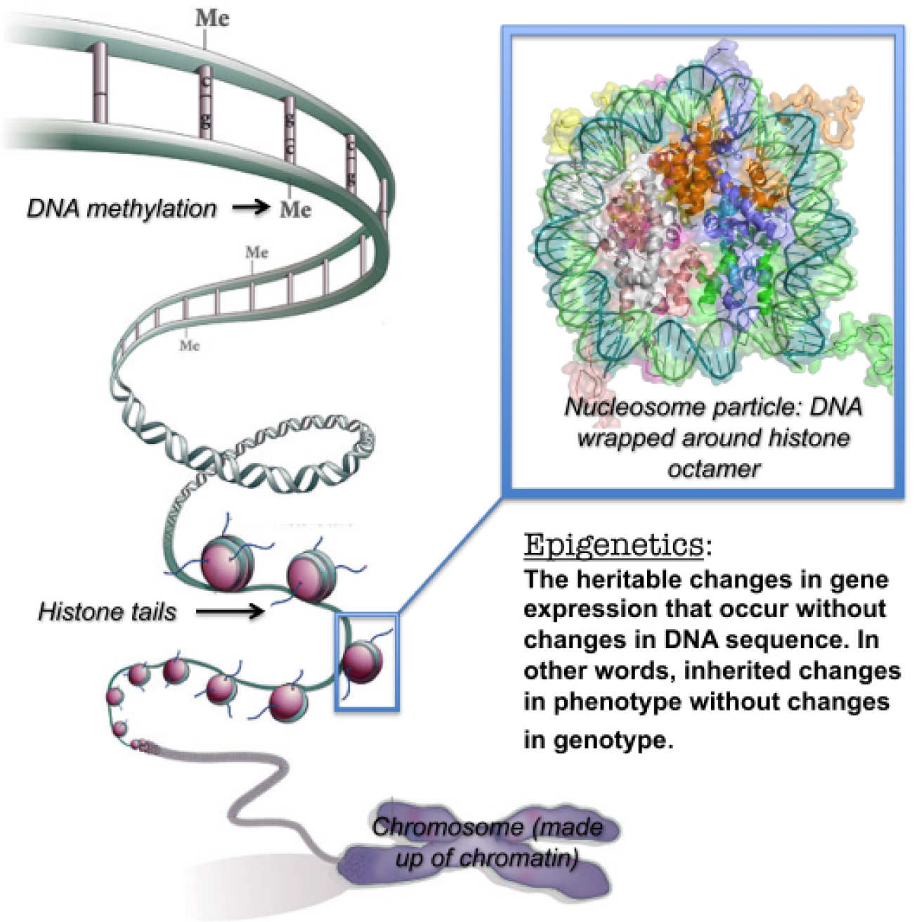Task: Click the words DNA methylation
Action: (x=122, y=209)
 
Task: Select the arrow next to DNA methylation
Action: (x=251, y=207)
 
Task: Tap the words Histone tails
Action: (x=107, y=611)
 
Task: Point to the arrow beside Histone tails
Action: (x=230, y=611)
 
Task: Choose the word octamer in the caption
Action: (x=714, y=468)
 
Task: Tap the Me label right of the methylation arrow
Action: (x=295, y=209)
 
